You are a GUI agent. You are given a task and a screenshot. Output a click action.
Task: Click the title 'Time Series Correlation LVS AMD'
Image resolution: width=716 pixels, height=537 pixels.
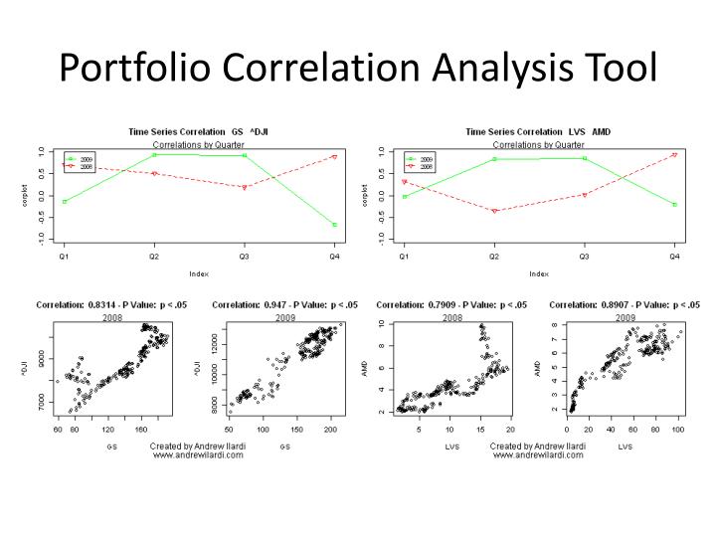pos(539,131)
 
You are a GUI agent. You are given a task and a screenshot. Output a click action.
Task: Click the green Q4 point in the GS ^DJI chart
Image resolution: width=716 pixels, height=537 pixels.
pos(334,225)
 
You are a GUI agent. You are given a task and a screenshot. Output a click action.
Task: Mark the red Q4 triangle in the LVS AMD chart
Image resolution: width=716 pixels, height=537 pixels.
pos(674,155)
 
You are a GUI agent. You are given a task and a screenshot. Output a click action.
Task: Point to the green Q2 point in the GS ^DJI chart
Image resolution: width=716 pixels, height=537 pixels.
pos(154,154)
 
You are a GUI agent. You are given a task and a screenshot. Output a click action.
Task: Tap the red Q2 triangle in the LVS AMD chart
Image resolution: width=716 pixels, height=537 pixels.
pos(493,211)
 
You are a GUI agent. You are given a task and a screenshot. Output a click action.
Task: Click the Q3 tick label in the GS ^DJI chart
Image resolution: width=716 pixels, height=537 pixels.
pos(245,257)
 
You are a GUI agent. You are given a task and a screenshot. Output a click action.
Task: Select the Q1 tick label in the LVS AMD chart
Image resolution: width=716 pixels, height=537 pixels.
pos(403,257)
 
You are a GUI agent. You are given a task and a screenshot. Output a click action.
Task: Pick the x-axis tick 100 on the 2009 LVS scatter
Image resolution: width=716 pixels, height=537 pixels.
pos(678,430)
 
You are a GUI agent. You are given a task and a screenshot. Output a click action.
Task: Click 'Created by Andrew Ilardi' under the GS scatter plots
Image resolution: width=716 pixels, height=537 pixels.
pos(197,447)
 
